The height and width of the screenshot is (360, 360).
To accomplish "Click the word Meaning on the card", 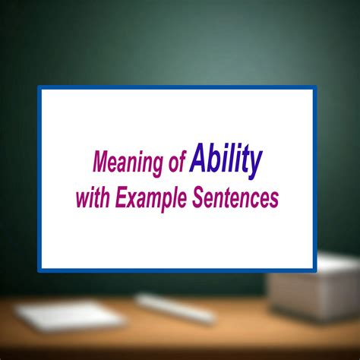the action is point(128,163).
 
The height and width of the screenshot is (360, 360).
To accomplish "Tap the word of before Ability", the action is point(178,161).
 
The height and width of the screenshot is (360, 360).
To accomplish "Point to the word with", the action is point(93,197).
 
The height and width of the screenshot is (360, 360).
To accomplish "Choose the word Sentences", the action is point(235,197).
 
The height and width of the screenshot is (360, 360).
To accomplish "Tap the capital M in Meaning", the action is point(102,162).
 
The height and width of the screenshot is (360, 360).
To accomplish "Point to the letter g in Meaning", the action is point(156,166).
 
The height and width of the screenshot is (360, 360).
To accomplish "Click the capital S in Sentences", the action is point(200,197).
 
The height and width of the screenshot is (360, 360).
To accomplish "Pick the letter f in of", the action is point(183,161).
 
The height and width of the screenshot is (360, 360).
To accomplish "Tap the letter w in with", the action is point(84,200).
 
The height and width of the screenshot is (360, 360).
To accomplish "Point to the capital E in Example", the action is point(122,197).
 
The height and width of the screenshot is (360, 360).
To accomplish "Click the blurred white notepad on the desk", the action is point(70,315).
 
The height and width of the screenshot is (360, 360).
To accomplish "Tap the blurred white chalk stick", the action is point(175,308).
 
